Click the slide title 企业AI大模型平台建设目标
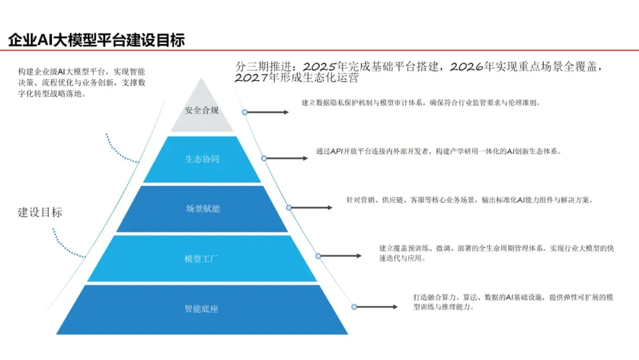(96, 40)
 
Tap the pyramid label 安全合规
(201, 110)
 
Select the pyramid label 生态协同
(202, 159)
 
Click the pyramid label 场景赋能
(202, 208)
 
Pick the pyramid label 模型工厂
(201, 259)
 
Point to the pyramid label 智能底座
(201, 308)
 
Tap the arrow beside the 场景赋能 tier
(312, 208)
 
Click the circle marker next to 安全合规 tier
(245, 112)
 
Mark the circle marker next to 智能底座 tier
(354, 307)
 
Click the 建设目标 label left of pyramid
(40, 213)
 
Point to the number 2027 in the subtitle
(251, 78)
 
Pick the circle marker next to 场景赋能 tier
(289, 208)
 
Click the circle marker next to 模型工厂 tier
(318, 256)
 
